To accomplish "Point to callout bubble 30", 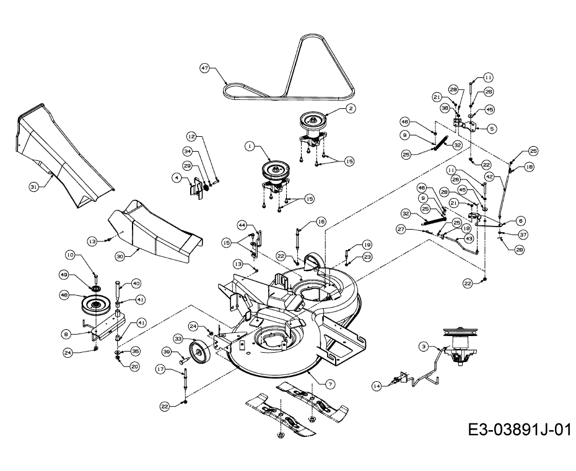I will [x=120, y=254].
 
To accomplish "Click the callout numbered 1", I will [x=250, y=147].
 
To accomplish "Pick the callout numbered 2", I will [x=351, y=108].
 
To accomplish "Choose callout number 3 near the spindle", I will [x=424, y=347].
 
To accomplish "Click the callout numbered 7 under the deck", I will [x=330, y=384].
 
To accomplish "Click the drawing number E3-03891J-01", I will [x=518, y=430].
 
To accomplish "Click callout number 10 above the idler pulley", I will [x=70, y=254].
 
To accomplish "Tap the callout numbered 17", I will [x=160, y=369].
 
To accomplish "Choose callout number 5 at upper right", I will [x=492, y=129].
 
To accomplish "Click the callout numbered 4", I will [x=177, y=178].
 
